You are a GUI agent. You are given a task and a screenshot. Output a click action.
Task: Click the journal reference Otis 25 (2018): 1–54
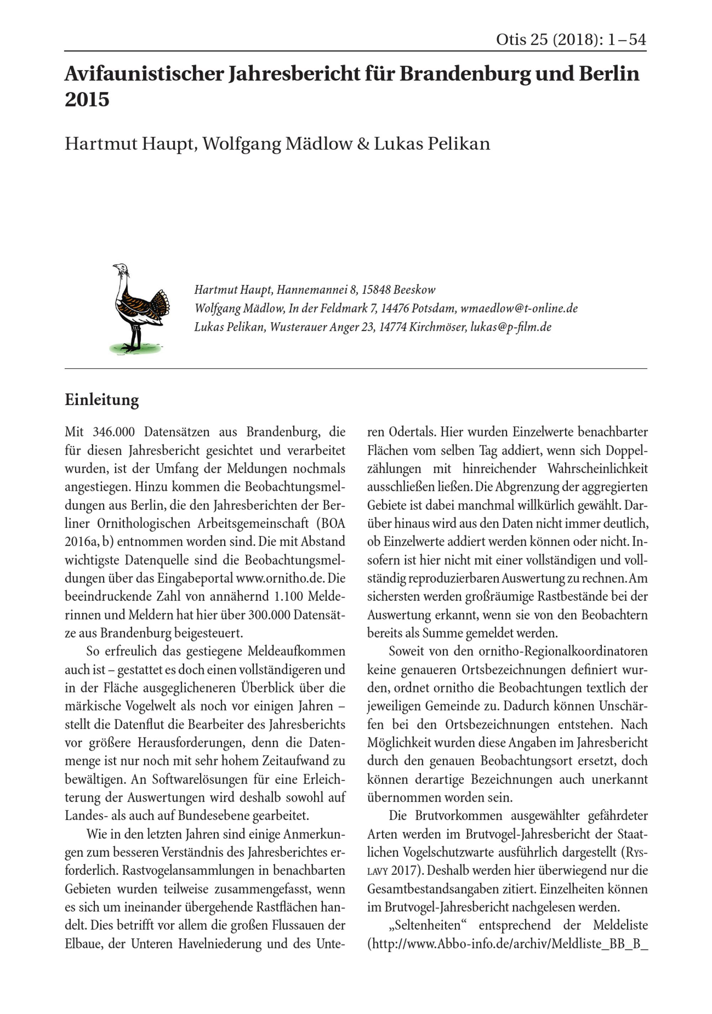[x=571, y=40]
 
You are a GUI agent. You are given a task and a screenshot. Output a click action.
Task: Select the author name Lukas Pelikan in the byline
[x=432, y=144]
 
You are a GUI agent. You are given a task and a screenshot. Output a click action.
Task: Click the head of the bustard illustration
[x=121, y=268]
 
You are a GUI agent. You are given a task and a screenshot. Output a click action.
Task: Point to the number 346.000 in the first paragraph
[x=114, y=432]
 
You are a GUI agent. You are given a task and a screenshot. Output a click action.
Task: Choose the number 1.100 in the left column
[x=288, y=597]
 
